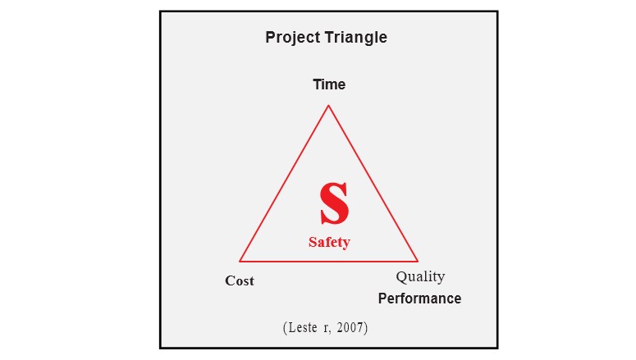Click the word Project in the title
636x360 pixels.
pos(293,38)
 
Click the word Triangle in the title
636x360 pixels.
pos(356,38)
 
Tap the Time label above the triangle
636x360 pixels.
pos(329,84)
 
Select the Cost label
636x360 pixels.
pos(240,280)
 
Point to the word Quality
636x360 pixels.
pos(420,277)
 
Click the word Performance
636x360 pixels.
pos(419,298)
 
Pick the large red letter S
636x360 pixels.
pos(334,203)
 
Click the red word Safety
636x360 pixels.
pos(329,242)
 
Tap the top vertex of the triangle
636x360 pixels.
pos(328,106)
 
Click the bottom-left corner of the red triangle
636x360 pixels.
pos(240,261)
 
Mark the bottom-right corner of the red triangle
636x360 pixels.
pos(418,261)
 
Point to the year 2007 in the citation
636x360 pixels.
pos(350,327)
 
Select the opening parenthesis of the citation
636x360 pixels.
pos(285,327)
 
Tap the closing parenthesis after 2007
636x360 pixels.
pos(366,327)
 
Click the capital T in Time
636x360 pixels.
pos(318,84)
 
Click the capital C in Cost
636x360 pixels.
pos(230,280)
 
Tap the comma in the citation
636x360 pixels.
pos(329,331)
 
